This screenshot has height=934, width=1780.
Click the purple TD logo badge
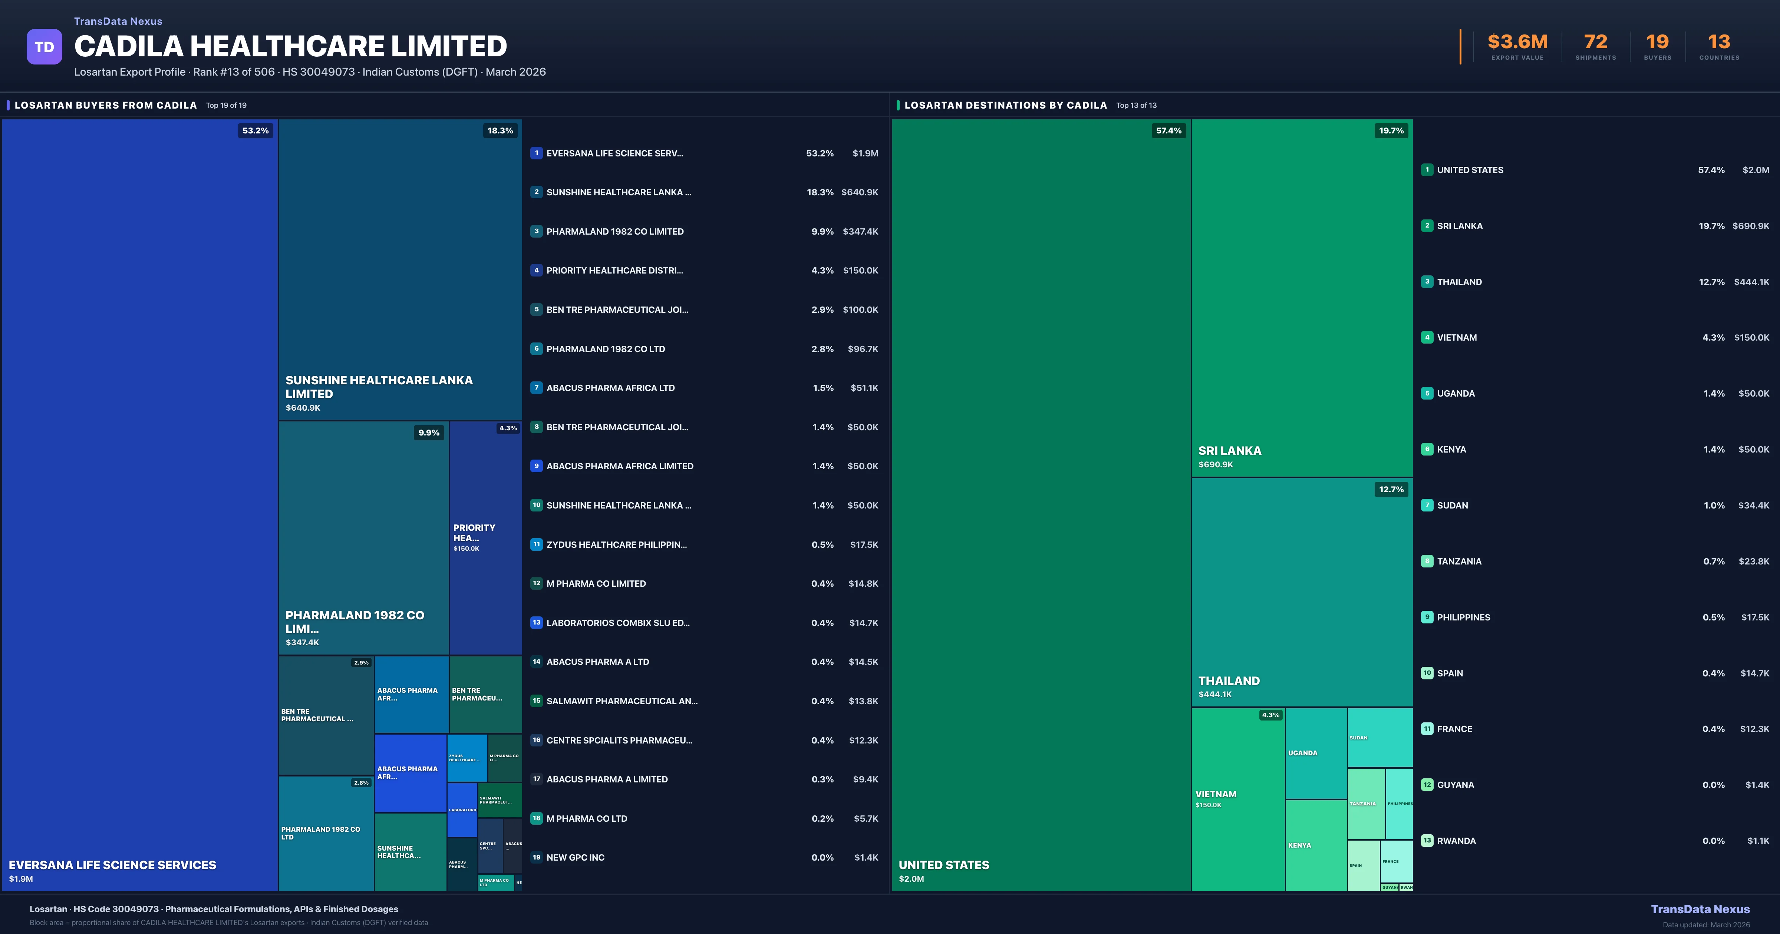(x=44, y=47)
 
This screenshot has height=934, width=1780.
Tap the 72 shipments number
(x=1595, y=42)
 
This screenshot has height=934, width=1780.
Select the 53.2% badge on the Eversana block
(x=255, y=130)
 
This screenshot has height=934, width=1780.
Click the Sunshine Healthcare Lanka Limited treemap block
(x=399, y=269)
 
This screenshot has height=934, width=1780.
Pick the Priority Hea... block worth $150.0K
(x=485, y=537)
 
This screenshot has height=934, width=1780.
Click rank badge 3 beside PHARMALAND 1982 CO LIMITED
(x=536, y=231)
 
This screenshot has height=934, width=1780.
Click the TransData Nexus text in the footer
(x=1700, y=909)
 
